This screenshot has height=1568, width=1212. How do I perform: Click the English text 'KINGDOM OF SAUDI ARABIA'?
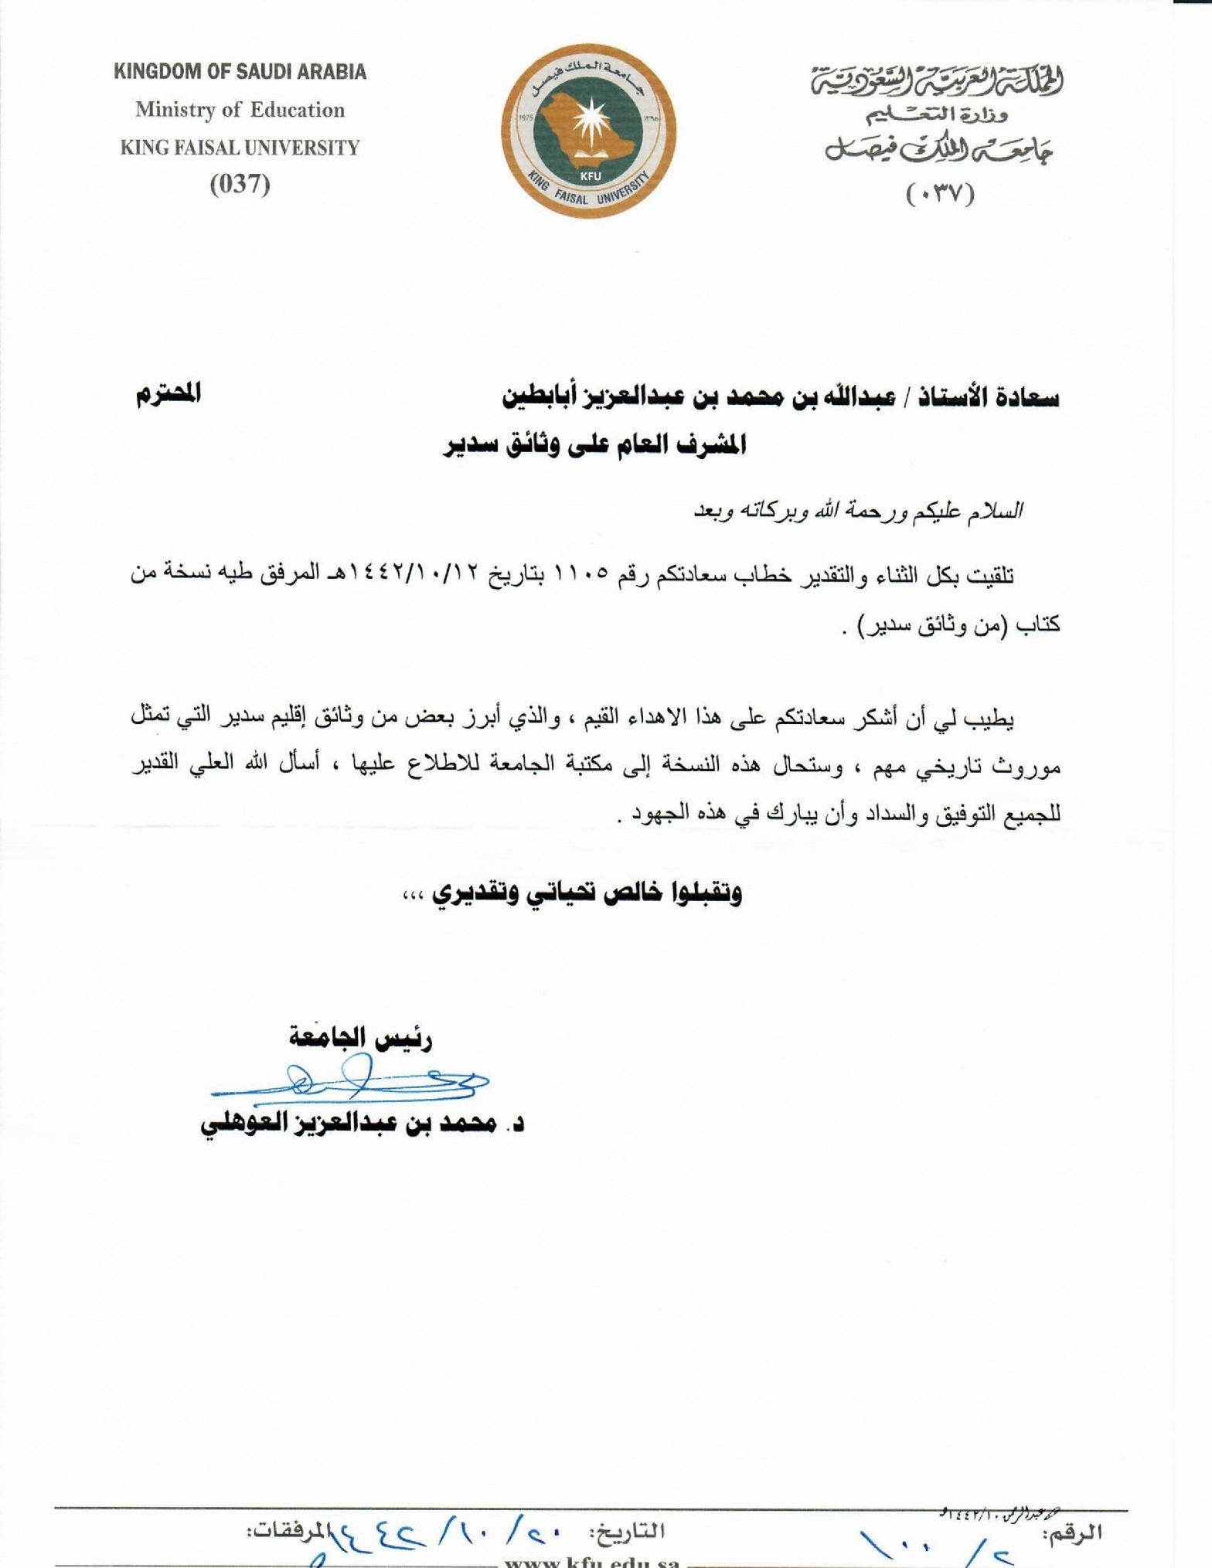(x=240, y=72)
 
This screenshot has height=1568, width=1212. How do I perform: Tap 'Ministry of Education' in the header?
(x=240, y=110)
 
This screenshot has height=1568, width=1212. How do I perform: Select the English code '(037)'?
(x=240, y=184)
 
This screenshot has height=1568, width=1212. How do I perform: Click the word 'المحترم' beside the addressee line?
(x=169, y=394)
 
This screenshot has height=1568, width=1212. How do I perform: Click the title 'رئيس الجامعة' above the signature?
(x=360, y=1037)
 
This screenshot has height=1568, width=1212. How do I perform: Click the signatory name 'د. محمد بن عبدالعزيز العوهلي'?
(x=362, y=1124)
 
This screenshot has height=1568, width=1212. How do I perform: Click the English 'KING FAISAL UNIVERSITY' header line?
(x=240, y=148)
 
